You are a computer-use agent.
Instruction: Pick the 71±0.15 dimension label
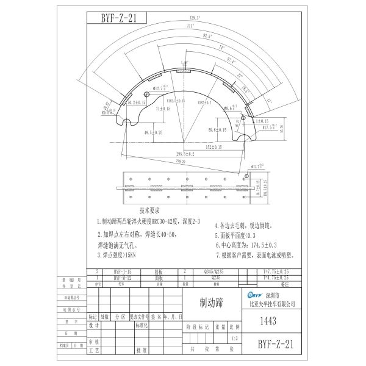click(x=162, y=107)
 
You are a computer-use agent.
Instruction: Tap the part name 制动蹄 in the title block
click(x=208, y=301)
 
